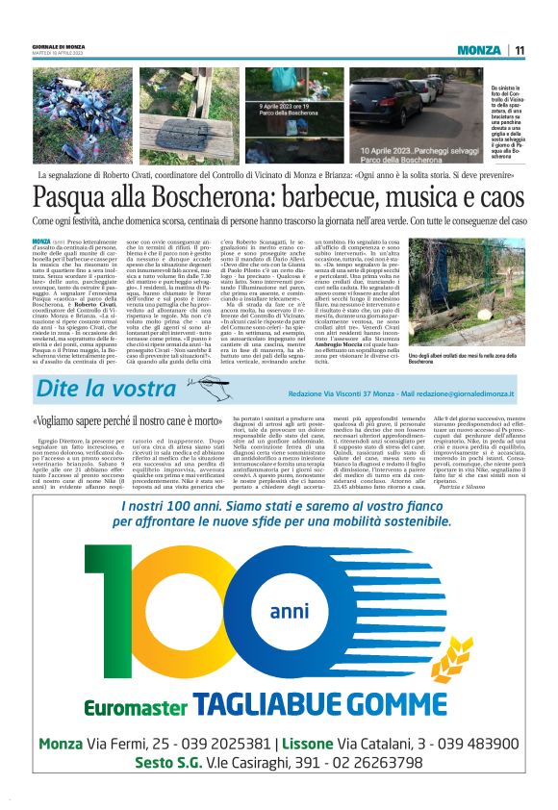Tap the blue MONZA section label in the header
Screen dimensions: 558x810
pyautogui.click(x=478, y=50)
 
